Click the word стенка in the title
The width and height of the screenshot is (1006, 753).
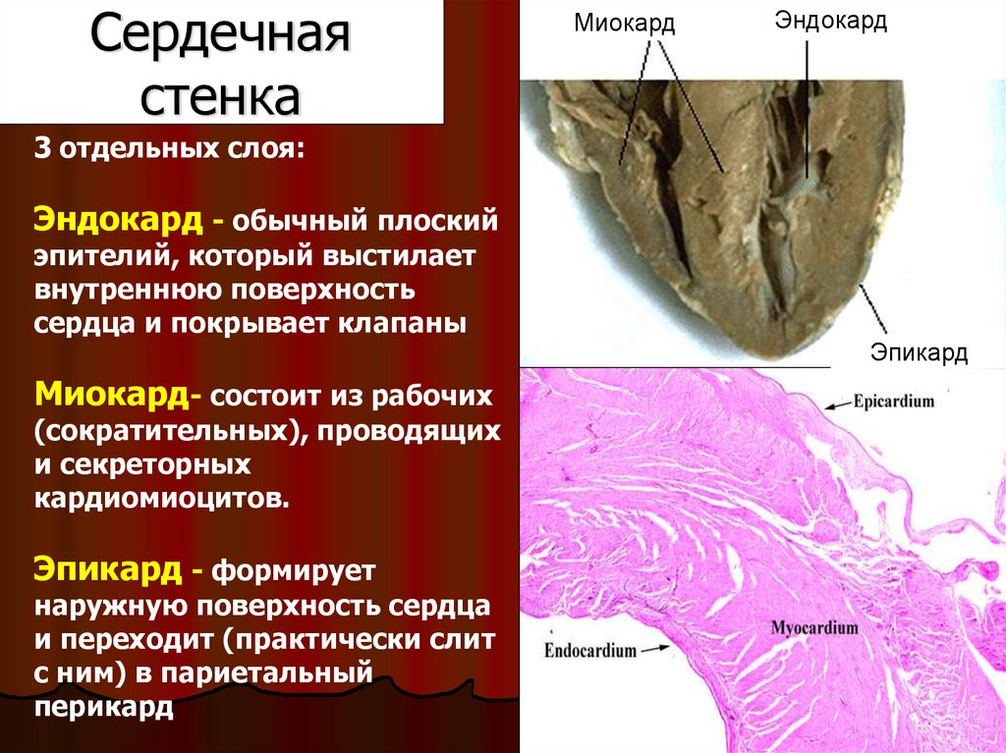click(x=221, y=95)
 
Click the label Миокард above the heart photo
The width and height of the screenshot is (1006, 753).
click(x=625, y=23)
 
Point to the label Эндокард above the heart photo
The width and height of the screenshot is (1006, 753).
click(x=831, y=21)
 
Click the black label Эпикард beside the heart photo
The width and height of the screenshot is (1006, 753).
click(x=919, y=351)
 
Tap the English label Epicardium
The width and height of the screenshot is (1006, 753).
click(x=894, y=403)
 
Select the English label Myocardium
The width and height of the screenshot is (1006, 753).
click(x=814, y=627)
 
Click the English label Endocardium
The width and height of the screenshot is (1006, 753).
click(x=589, y=650)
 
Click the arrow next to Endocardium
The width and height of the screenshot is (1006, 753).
click(x=654, y=649)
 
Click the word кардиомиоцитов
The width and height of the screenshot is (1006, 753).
click(x=161, y=498)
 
